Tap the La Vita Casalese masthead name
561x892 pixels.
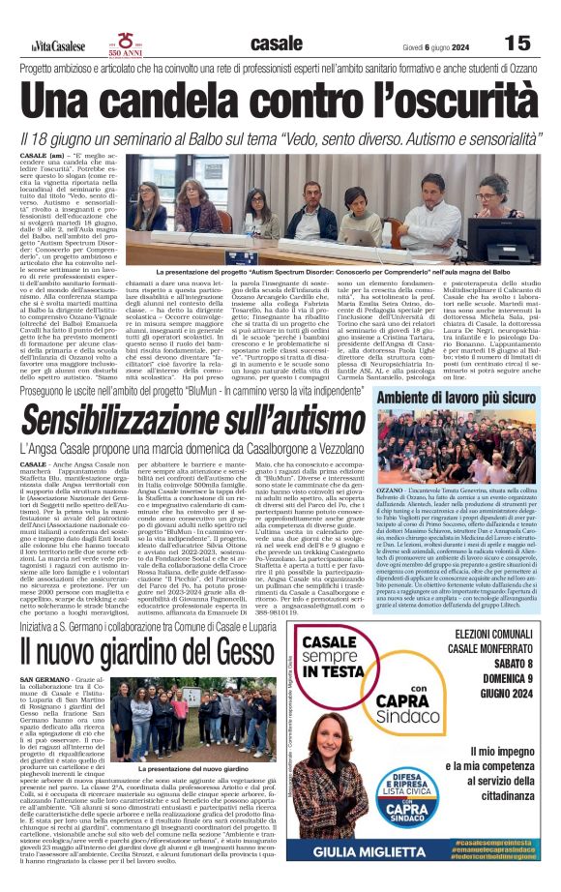(x=57, y=46)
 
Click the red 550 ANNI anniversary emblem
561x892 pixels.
(x=125, y=44)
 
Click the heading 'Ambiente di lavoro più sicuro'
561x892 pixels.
(x=458, y=397)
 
